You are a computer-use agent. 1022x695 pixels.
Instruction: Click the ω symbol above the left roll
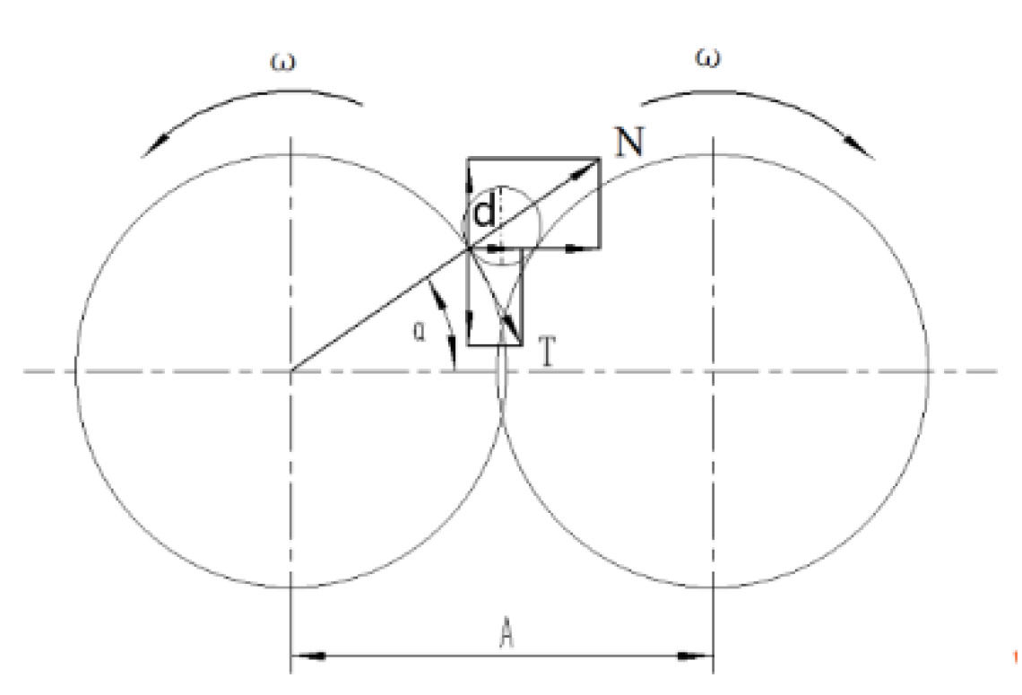coord(282,63)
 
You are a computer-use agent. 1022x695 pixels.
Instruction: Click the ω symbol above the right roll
coord(708,59)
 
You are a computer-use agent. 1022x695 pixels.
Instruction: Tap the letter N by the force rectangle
coord(629,142)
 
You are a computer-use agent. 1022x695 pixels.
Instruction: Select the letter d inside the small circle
coord(484,213)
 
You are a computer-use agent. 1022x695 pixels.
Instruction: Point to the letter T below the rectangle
coord(548,352)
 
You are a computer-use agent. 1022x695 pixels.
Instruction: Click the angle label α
coord(420,332)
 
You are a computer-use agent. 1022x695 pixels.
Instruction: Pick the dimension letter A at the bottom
coord(507,634)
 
